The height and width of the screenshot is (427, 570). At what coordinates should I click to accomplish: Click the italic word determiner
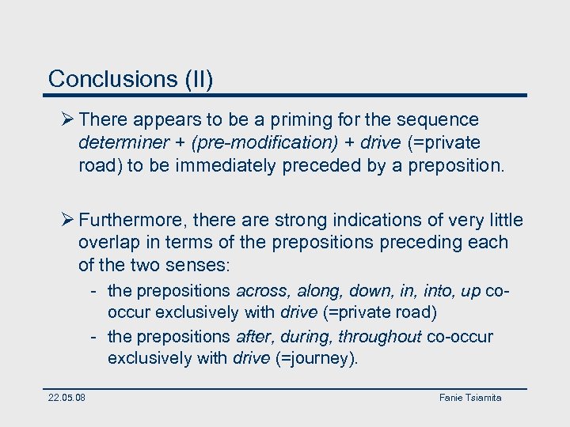pyautogui.click(x=123, y=143)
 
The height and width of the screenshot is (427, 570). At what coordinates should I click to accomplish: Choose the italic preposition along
pyautogui.click(x=318, y=291)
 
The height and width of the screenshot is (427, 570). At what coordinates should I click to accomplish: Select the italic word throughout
pyautogui.click(x=380, y=337)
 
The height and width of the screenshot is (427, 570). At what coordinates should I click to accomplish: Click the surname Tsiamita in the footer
pyautogui.click(x=483, y=397)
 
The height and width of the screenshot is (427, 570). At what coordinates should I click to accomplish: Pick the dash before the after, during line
pyautogui.click(x=93, y=337)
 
